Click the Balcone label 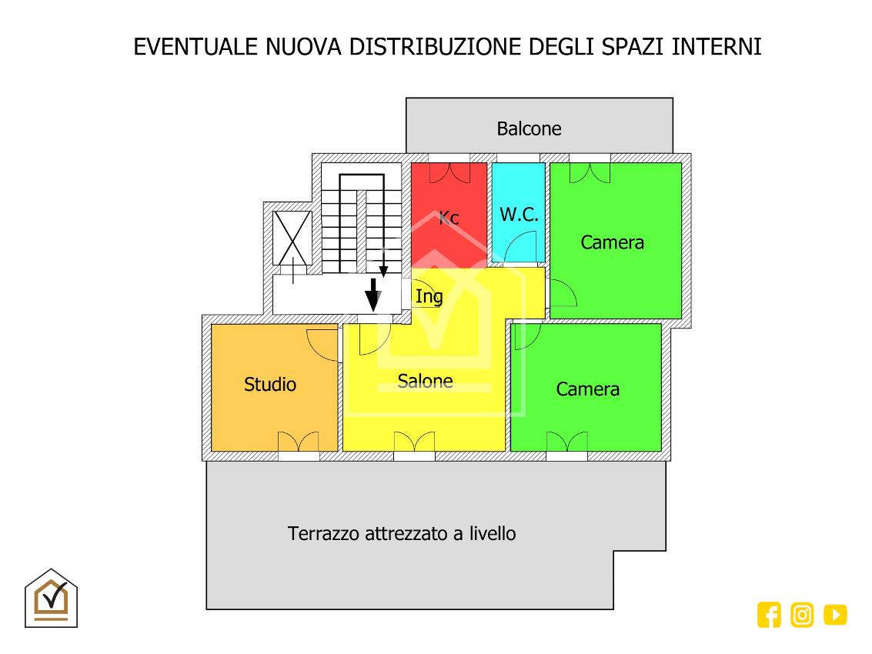pos(529,128)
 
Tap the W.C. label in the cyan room pos(519,215)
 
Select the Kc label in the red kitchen pos(449,218)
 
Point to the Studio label pos(269,384)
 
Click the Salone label pos(425,381)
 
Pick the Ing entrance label pos(429,297)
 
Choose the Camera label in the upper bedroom pos(613,242)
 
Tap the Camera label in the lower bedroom pos(588,389)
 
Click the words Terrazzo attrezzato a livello pos(402,534)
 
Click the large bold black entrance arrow pos(373,295)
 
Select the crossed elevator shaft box pos(292,239)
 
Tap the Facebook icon pos(769,615)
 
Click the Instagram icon pos(802,615)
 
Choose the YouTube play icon pos(835,615)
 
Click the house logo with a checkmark pos(51,599)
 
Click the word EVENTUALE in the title pos(195,47)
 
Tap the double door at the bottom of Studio pos(299,442)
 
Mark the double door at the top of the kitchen pos(449,173)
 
